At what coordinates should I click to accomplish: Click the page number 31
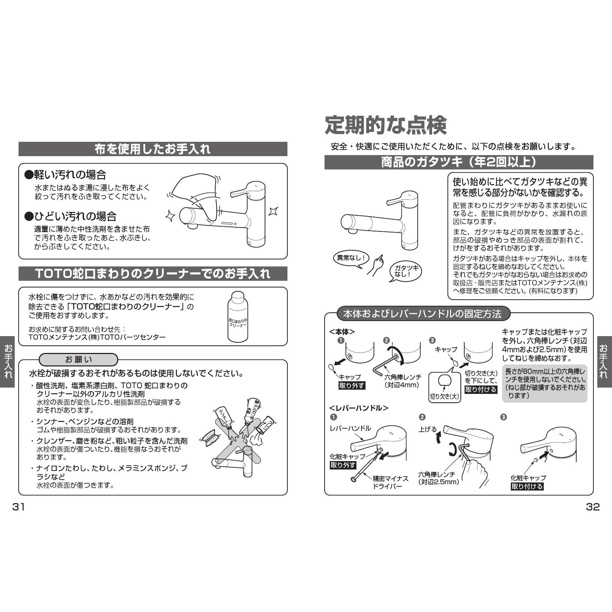(x=19, y=507)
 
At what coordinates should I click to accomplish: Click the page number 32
(x=593, y=507)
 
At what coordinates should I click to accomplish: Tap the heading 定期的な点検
(x=386, y=125)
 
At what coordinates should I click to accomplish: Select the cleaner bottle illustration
(x=238, y=317)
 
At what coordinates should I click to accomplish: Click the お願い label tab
(x=79, y=360)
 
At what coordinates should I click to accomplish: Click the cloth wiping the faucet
(x=197, y=197)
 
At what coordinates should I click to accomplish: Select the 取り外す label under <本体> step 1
(x=352, y=385)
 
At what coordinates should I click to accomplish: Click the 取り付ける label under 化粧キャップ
(x=527, y=486)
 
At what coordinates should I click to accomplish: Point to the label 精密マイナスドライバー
(x=390, y=482)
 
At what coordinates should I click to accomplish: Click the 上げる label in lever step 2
(x=427, y=430)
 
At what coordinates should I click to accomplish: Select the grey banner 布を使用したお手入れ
(x=153, y=149)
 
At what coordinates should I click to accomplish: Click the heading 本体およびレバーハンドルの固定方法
(x=423, y=314)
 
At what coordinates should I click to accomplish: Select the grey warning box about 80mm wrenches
(x=545, y=383)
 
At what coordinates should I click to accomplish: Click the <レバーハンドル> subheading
(x=359, y=408)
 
